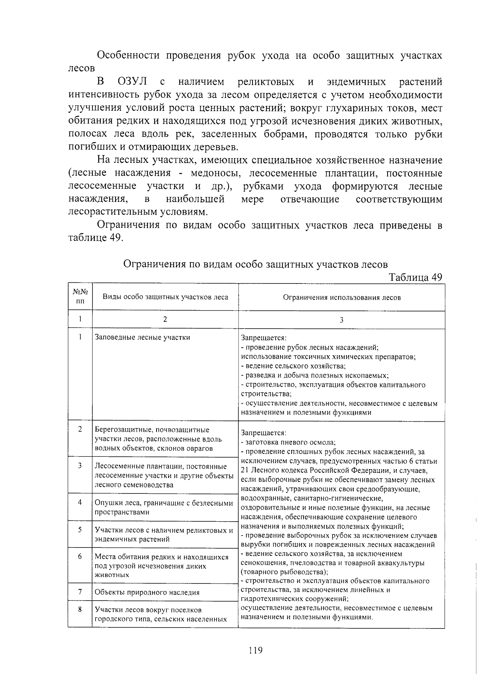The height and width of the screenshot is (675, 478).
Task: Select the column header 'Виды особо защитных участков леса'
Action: click(x=165, y=297)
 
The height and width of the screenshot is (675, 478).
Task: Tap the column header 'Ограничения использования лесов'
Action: click(x=341, y=297)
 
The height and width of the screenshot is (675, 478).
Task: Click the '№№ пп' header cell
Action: click(x=80, y=297)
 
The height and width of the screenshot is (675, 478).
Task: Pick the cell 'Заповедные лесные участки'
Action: click(x=142, y=337)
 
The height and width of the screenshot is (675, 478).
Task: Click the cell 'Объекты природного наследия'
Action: click(x=147, y=592)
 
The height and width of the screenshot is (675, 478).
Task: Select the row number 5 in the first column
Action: click(x=80, y=530)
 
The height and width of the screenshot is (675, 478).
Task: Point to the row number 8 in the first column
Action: click(x=80, y=609)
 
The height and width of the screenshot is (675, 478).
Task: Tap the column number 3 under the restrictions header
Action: click(x=341, y=320)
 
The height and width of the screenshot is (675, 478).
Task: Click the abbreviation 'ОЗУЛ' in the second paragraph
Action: click(x=133, y=82)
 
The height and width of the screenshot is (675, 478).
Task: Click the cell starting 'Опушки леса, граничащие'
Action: click(x=164, y=507)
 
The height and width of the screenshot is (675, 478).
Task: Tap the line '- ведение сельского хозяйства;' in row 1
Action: click(x=293, y=366)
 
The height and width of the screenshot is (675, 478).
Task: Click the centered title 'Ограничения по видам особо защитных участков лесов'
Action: click(x=255, y=264)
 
